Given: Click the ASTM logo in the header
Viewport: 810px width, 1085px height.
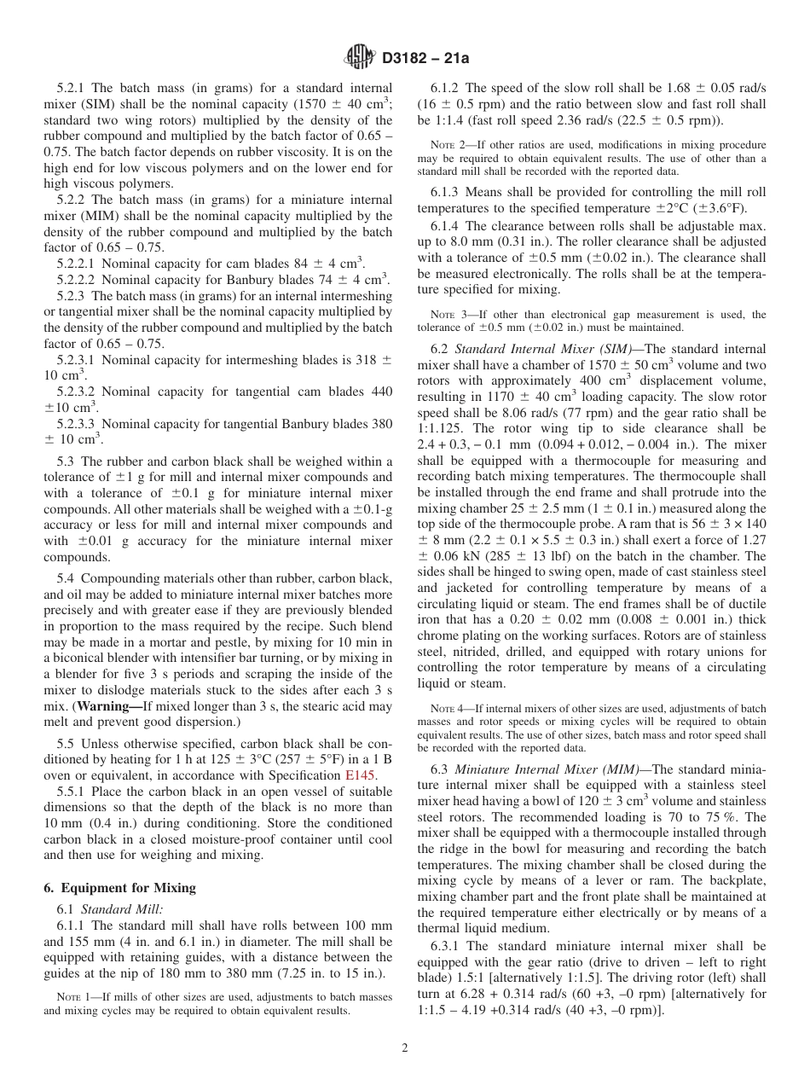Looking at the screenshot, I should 358,58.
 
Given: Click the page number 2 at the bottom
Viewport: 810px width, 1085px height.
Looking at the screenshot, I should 405,1047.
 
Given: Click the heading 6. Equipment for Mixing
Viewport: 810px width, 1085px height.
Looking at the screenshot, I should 119,887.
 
